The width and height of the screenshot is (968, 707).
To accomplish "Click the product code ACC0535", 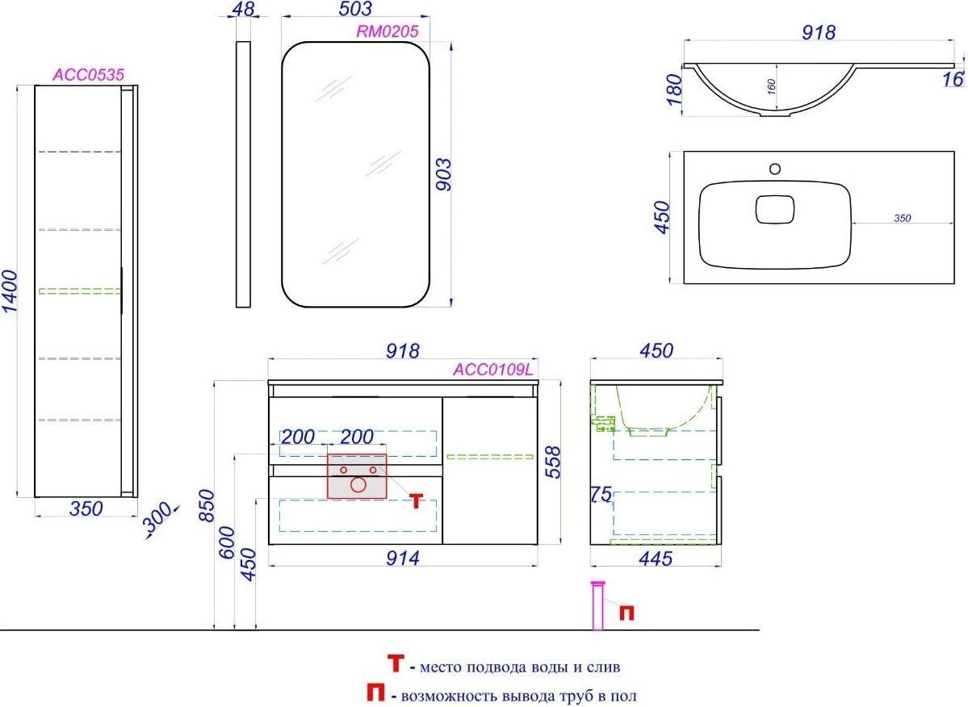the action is tap(88, 74).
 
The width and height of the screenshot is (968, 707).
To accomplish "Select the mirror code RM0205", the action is tap(387, 31).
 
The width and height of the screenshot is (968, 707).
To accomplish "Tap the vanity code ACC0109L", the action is tap(492, 370).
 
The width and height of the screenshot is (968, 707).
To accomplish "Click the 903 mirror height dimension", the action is tap(443, 174).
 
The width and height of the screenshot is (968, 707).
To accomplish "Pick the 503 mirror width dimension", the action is tap(355, 9).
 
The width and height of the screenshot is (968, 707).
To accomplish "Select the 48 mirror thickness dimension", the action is tap(243, 9).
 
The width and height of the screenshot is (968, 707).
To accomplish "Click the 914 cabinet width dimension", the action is tap(403, 558).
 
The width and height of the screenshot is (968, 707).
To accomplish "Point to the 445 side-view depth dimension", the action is tap(656, 558).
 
